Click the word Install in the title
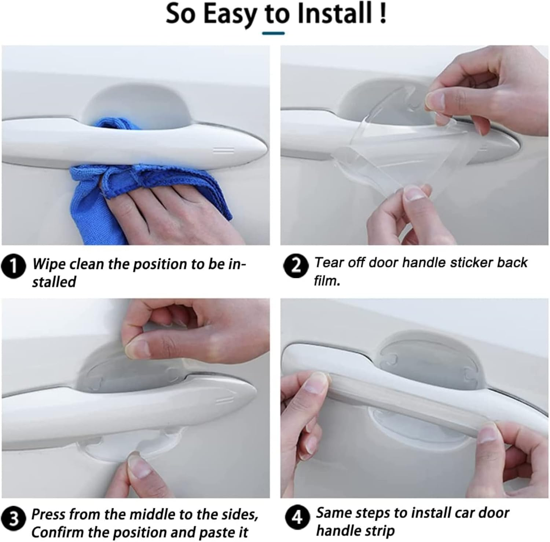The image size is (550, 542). [336, 14]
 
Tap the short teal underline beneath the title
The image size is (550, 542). [273, 33]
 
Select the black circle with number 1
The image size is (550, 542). [13, 266]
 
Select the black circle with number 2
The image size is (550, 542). [296, 265]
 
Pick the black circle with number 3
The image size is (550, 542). [13, 520]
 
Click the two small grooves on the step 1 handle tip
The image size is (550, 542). [223, 150]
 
